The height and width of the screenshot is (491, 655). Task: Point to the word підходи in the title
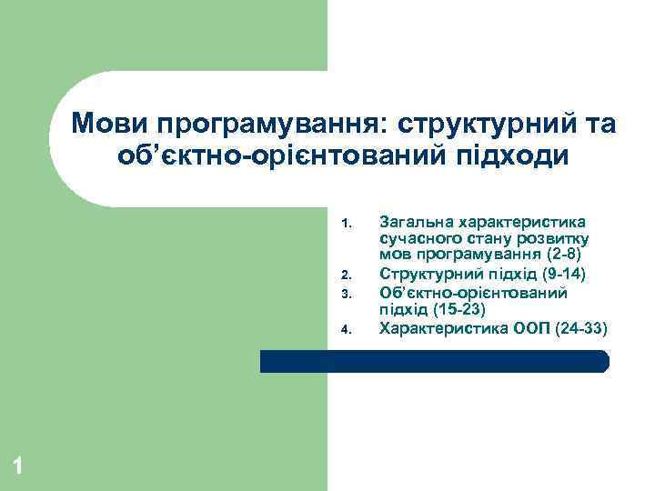[516, 155]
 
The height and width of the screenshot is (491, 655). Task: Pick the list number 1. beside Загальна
[345, 223]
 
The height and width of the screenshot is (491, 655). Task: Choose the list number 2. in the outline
[345, 275]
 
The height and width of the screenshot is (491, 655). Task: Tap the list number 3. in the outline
[345, 293]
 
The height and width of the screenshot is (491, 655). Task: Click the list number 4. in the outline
[345, 328]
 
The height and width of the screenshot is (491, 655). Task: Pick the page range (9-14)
[557, 274]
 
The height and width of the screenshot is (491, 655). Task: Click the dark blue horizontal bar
[434, 362]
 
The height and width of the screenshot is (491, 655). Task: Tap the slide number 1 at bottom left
[18, 467]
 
